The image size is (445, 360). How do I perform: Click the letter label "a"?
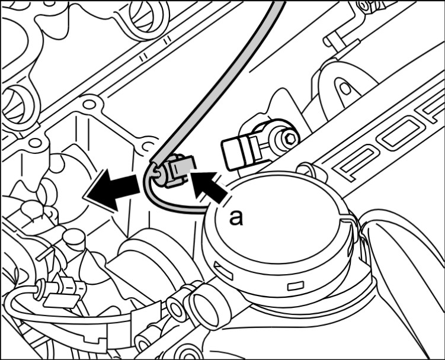(x=236, y=218)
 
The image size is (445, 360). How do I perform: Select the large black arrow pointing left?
(x=113, y=189)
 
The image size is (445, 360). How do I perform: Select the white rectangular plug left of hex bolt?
(x=241, y=152)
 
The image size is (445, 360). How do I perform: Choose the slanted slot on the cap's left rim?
(x=223, y=270)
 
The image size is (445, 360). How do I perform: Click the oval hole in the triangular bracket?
(x=344, y=88)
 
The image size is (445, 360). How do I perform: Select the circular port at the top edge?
(x=148, y=14)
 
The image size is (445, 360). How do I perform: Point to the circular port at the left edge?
(x=17, y=105)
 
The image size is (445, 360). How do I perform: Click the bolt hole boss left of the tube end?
(x=148, y=146)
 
